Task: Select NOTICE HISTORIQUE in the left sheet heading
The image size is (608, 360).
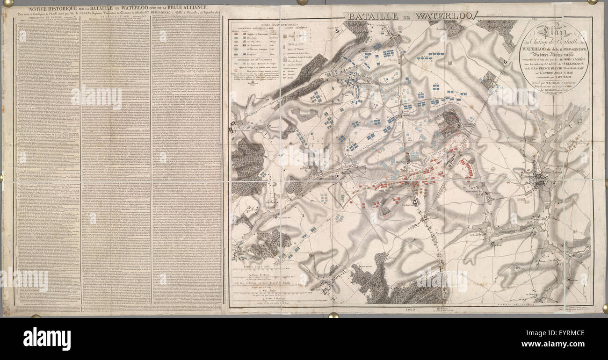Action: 53,9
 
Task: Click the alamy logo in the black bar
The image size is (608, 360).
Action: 47,338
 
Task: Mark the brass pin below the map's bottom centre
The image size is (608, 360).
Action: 333,315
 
